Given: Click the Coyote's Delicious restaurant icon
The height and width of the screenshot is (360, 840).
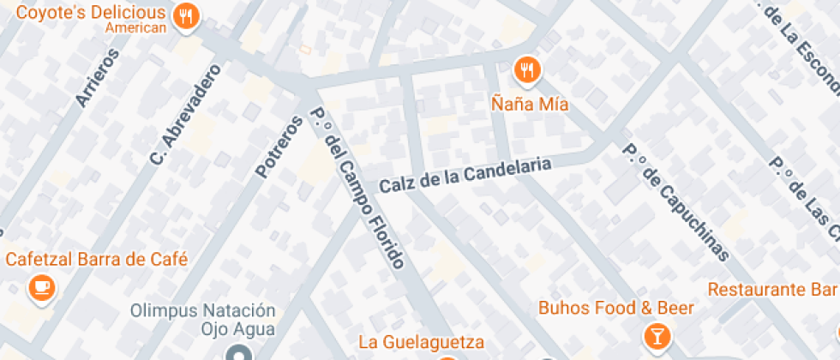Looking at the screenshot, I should tap(185, 15).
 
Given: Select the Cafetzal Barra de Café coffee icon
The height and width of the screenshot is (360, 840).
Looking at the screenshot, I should tap(40, 287).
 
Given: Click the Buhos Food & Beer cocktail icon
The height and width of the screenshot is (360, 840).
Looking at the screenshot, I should tap(657, 334).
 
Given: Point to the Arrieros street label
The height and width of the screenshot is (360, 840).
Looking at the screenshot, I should tap(96, 76).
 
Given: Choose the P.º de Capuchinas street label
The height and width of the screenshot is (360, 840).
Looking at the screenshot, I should tap(675, 201).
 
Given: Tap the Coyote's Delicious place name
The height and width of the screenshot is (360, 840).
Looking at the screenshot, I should tap(91, 13).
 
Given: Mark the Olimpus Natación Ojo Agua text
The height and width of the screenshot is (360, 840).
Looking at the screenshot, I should tap(203, 319).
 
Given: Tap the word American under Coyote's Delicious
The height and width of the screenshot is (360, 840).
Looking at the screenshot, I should tap(135, 28).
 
